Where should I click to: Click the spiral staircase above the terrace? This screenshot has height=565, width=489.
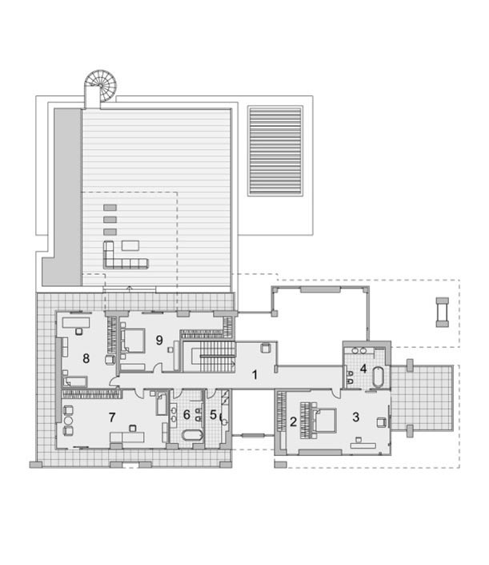[100, 86]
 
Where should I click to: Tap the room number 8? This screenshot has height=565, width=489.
[86, 358]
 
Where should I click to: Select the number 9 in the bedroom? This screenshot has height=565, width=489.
[159, 340]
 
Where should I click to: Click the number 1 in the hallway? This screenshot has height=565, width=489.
[255, 375]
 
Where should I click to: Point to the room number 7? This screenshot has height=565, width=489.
[112, 418]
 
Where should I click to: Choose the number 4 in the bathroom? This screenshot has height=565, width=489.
[363, 369]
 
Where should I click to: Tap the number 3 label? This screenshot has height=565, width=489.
[355, 417]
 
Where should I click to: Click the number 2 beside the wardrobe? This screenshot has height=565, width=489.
[293, 422]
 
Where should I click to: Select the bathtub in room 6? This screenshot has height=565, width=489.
[193, 435]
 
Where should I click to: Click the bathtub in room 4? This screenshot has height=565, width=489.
[379, 377]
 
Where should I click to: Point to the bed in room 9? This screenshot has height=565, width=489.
[132, 340]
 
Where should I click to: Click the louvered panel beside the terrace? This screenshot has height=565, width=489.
[275, 151]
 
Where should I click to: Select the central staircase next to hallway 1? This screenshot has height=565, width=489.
[214, 357]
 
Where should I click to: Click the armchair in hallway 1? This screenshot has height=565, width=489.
[266, 348]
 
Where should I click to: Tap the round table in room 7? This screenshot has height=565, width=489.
[68, 421]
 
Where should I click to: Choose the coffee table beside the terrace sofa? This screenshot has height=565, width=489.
[130, 246]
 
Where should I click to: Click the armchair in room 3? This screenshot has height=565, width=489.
[382, 422]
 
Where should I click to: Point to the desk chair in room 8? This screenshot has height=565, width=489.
[78, 331]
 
